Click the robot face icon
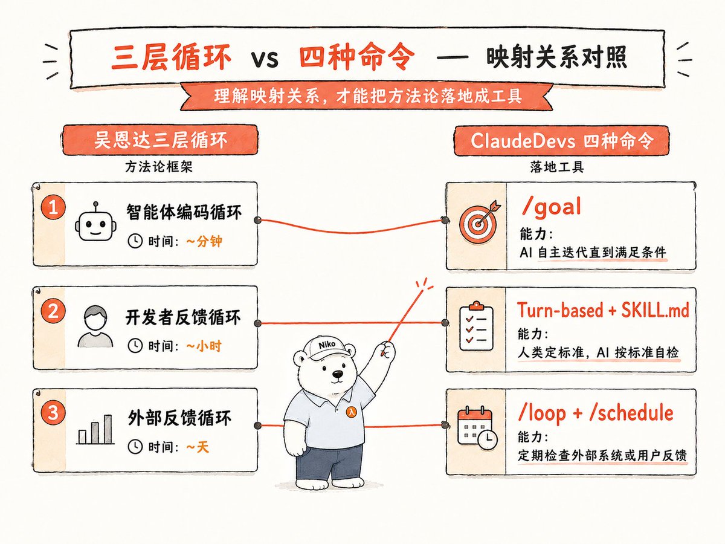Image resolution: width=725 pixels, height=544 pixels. click(95, 222)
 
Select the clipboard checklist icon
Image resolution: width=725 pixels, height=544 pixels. click(476, 326)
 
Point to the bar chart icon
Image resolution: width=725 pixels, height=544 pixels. click(95, 429)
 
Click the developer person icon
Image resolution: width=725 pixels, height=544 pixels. click(95, 326)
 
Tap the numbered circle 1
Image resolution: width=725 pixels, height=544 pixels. click(53, 208)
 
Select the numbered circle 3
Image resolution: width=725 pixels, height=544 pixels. click(53, 413)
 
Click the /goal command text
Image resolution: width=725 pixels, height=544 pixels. click(551, 207)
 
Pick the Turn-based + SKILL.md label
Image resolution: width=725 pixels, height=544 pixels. click(603, 310)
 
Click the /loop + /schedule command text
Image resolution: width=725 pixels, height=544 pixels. click(596, 413)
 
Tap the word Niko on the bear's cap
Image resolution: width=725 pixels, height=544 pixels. click(327, 345)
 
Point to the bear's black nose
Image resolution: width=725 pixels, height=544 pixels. click(337, 374)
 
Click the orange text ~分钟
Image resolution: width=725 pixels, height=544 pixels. click(204, 241)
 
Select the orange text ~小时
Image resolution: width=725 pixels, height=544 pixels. click(204, 346)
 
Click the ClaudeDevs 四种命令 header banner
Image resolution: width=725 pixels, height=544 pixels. click(561, 140)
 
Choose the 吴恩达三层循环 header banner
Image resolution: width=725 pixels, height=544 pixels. click(161, 140)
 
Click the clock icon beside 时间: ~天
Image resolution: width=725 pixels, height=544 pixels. click(135, 447)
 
